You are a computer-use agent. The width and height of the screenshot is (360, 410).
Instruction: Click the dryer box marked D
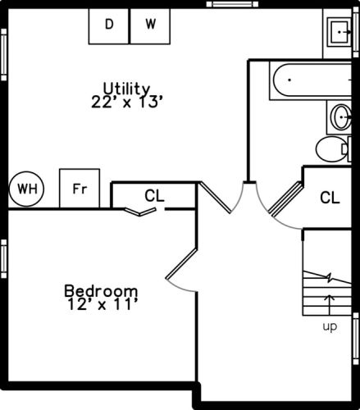pyautogui.click(x=108, y=26)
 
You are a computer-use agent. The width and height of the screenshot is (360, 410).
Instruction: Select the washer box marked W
pyautogui.click(x=150, y=26)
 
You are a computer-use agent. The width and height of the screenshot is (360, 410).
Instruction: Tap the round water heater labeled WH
pyautogui.click(x=26, y=189)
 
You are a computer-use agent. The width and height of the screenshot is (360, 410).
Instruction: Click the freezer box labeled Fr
pyautogui.click(x=80, y=189)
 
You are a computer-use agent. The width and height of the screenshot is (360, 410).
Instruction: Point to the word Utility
pyautogui.click(x=126, y=89)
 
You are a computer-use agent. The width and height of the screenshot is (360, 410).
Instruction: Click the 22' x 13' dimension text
pyautogui.click(x=127, y=102)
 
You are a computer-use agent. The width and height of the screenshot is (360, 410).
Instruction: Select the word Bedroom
pyautogui.click(x=101, y=291)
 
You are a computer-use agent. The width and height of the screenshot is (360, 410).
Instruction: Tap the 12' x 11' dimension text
pyautogui.click(x=102, y=304)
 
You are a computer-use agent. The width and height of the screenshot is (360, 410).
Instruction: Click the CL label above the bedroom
pyautogui.click(x=154, y=196)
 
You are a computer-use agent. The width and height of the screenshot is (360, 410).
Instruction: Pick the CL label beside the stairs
pyautogui.click(x=330, y=198)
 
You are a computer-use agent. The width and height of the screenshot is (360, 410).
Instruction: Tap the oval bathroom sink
pyautogui.click(x=341, y=117)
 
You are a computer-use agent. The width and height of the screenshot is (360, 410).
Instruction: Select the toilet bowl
pyautogui.click(x=331, y=148)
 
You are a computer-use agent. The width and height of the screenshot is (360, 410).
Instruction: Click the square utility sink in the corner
pyautogui.click(x=339, y=32)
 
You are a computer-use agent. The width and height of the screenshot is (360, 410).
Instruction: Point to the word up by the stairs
pyautogui.click(x=330, y=326)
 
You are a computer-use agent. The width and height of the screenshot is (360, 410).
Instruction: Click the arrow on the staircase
pyautogui.click(x=330, y=305)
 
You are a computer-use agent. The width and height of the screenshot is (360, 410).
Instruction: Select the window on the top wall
pyautogui.click(x=232, y=4)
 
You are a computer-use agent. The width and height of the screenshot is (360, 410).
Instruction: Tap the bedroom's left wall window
pyautogui.click(x=3, y=258)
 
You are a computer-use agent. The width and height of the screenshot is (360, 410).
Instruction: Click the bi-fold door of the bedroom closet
pyautogui.click(x=140, y=212)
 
